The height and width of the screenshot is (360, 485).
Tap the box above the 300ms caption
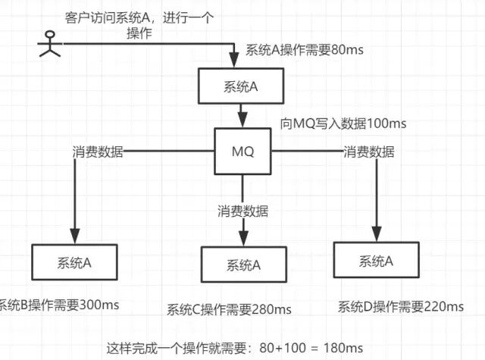coord(74,263)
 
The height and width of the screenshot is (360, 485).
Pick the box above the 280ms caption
coord(243,265)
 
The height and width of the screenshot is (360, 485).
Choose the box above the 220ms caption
coord(376,261)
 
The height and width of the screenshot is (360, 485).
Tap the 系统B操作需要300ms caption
coord(60,305)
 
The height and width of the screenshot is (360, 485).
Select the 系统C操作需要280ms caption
coord(229,308)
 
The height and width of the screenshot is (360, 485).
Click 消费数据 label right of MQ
coord(369,152)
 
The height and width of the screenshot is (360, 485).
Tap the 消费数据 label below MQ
coord(242,211)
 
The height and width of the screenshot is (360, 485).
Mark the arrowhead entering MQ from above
coord(242,122)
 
